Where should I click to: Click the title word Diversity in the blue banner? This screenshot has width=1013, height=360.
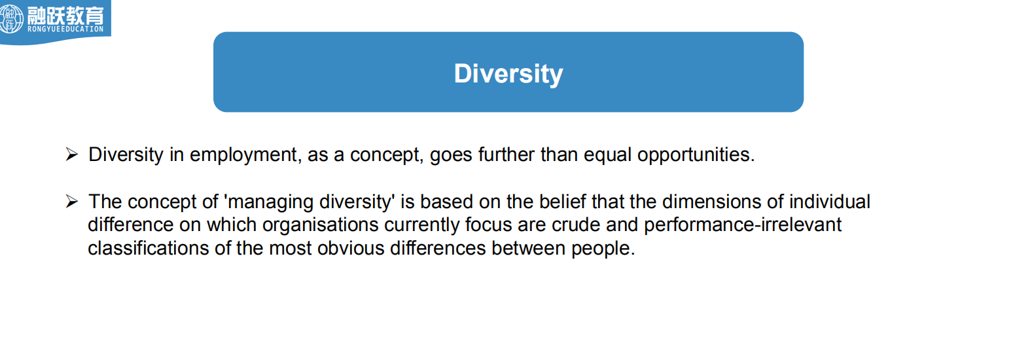pos(508,74)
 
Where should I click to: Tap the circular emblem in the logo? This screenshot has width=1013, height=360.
pos(11,18)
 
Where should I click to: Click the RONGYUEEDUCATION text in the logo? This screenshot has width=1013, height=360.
pos(65,29)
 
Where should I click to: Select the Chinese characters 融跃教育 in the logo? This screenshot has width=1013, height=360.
pos(65,15)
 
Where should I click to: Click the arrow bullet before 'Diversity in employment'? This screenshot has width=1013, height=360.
pos(72,154)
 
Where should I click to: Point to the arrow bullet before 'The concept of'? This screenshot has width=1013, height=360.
pos(72,201)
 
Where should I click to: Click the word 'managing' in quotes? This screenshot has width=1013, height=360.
pos(270,202)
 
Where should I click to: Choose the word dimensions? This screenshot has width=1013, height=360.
pos(711,201)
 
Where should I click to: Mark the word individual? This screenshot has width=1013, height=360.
pos(830,201)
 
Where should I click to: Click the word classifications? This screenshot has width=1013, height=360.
pos(149,248)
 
